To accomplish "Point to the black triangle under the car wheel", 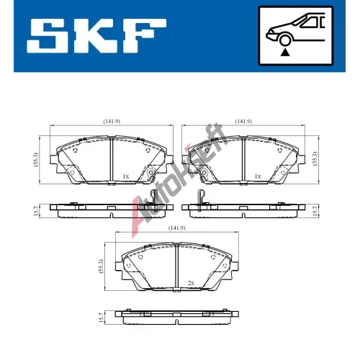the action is (285, 53).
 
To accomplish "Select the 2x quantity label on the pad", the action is (191, 283).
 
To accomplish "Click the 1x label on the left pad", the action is (126, 176).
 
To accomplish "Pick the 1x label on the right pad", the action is (258, 176).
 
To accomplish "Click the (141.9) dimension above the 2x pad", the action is (177, 228).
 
